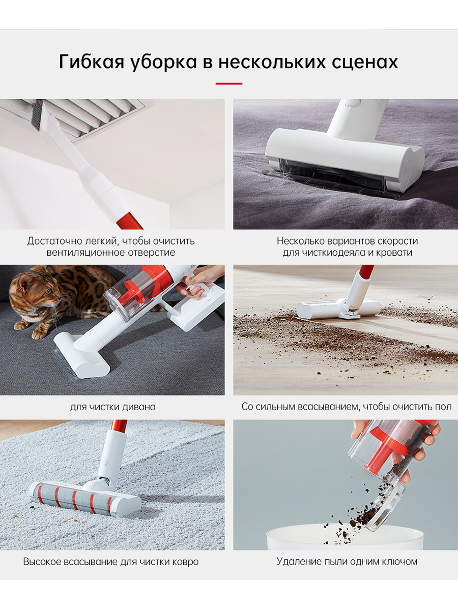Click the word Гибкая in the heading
point(92,62)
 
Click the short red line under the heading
point(229,83)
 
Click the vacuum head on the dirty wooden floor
point(338,309)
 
